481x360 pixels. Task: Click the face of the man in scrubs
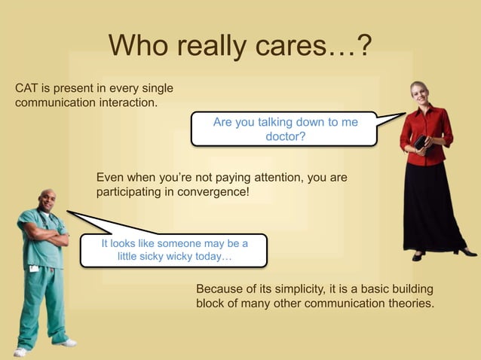[x=47, y=202]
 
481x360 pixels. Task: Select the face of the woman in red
[x=418, y=93]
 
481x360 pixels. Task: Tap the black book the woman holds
[x=420, y=142]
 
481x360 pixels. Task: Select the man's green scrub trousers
[x=45, y=301]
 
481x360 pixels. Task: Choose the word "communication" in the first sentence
[x=51, y=102]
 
